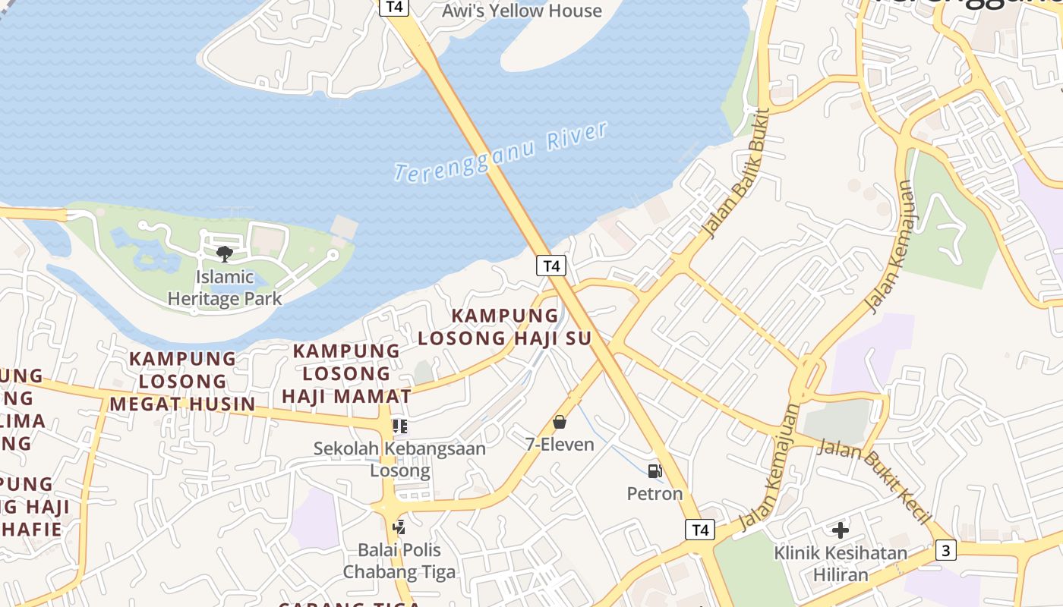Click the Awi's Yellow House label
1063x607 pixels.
click(522, 11)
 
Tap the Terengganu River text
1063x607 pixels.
click(501, 152)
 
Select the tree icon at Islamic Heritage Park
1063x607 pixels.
click(224, 253)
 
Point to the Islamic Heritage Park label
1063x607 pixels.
click(224, 288)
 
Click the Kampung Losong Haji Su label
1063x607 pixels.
click(505, 327)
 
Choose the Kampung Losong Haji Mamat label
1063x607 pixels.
click(346, 373)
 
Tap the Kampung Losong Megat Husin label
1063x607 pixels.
click(182, 381)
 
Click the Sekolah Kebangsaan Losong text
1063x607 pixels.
click(399, 459)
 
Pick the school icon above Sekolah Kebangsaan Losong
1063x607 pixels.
click(399, 426)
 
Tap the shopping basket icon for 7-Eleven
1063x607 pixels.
click(560, 422)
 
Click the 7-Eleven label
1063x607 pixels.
click(560, 445)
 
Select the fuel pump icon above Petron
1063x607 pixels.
click(655, 471)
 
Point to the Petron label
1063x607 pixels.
click(655, 494)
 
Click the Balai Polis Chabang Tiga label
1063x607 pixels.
click(399, 561)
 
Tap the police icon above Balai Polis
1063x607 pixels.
click(399, 526)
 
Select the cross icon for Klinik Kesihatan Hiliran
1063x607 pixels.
click(841, 530)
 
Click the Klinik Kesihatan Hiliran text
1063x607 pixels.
click(841, 563)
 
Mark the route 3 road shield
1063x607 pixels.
click(945, 550)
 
